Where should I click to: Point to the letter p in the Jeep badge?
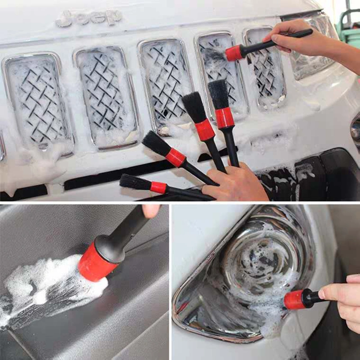click(x=112, y=18)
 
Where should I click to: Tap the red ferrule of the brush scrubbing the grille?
click(x=234, y=53)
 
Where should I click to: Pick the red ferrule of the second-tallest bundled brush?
click(x=205, y=130)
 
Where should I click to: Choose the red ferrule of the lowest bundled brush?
click(x=158, y=187)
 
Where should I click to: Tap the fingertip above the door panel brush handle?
click(x=151, y=210)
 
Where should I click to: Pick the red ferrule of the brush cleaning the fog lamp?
click(x=294, y=300)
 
